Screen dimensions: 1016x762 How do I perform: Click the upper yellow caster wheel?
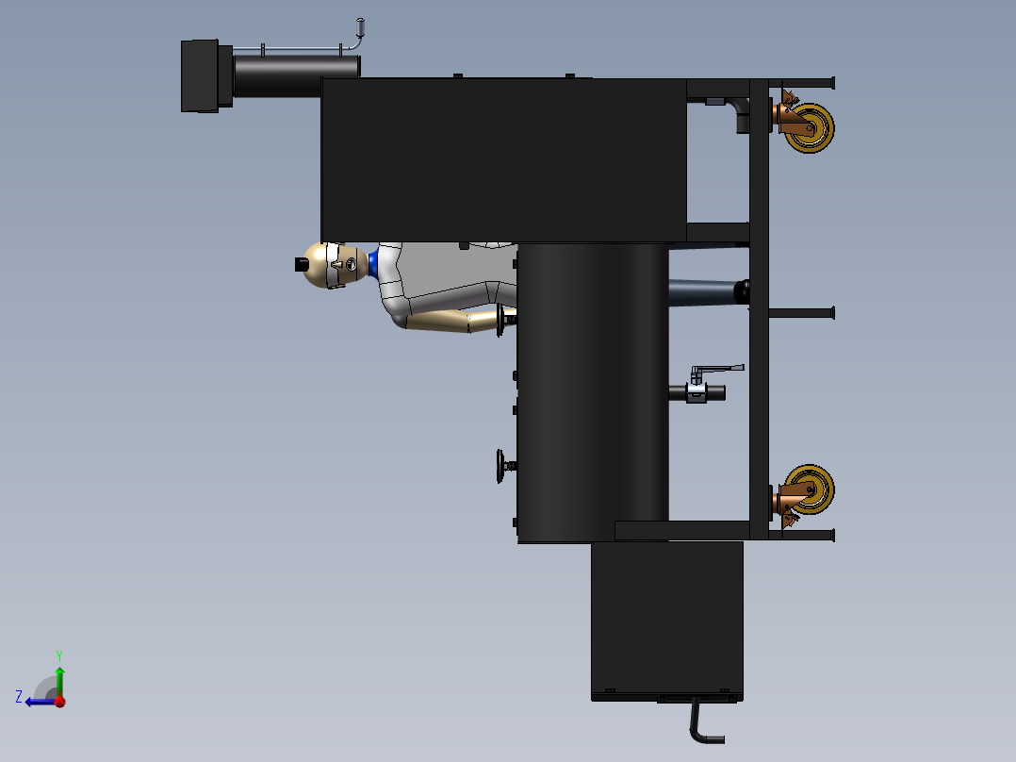810,127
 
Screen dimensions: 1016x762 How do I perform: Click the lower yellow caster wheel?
810,489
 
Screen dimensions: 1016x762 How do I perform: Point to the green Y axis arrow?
59,681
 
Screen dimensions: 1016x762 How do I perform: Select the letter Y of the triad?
59,655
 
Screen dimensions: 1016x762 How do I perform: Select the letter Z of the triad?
19,697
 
